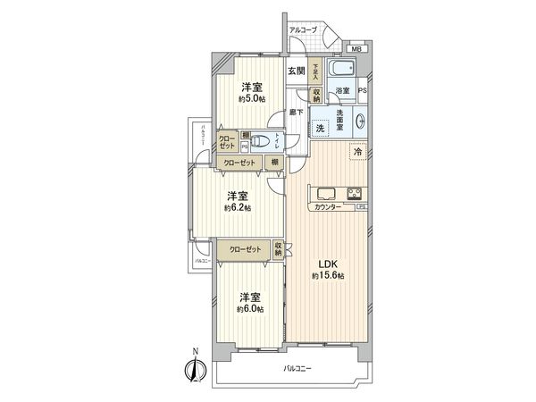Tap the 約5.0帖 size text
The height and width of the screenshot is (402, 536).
tap(250, 99)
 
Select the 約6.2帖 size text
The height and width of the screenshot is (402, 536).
tap(239, 207)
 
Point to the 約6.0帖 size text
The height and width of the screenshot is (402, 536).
tap(250, 308)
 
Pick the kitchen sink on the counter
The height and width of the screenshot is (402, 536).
tap(323, 193)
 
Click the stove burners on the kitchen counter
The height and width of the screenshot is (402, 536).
tap(353, 193)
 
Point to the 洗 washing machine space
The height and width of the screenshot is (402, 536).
tap(320, 128)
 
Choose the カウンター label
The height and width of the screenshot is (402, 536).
tap(327, 207)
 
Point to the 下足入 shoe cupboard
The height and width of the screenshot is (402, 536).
tap(315, 71)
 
